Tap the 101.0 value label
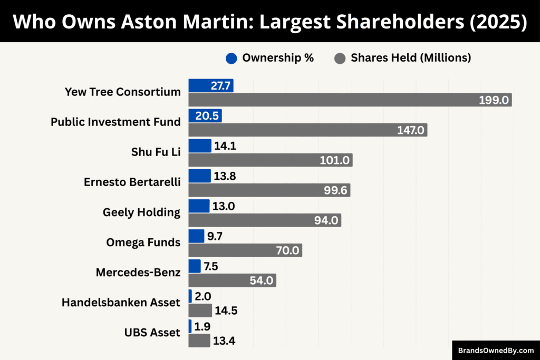pos(335,160)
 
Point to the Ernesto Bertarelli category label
pos(132,182)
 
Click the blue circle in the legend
pos(231,59)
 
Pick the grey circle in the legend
pos(340,59)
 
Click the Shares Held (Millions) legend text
pos(411,58)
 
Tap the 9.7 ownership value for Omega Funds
pos(215,237)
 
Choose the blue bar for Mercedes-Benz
pos(194,266)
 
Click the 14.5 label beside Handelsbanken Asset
pos(226,311)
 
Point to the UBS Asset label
pos(153,333)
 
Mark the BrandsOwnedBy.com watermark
pos(496,350)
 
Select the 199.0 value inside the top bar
pos(494,100)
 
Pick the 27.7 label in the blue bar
pos(220,86)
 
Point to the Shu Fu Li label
pos(156,152)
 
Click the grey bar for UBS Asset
pos(199,340)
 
